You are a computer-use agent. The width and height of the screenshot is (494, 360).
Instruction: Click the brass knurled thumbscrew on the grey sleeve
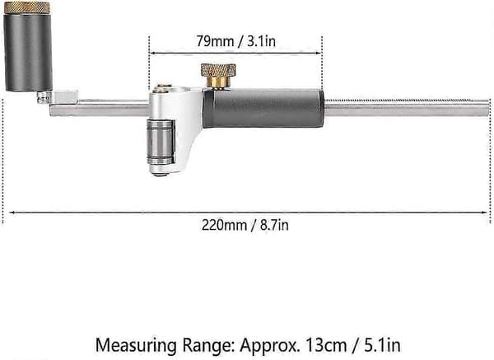point(218,75)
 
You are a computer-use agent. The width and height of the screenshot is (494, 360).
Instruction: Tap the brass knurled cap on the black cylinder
point(27,7)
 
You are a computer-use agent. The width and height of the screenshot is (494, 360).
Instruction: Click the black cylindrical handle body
point(28,52)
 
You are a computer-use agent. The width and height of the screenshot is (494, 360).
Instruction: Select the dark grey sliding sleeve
point(263,109)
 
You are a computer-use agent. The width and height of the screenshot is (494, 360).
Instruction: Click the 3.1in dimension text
point(261,41)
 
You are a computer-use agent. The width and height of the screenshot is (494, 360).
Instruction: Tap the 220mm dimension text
point(224,226)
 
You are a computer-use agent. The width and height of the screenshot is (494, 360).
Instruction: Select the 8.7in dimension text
point(274,226)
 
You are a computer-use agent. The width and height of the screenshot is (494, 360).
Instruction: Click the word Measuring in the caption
point(136,346)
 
